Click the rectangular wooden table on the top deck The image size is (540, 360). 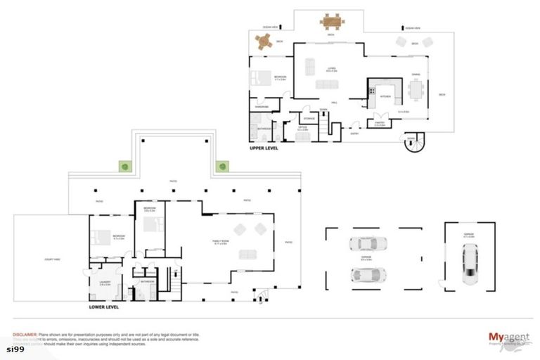(332, 20)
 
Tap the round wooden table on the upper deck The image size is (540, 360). (264, 42)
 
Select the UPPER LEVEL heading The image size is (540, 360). (265, 150)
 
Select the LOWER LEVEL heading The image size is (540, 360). (104, 307)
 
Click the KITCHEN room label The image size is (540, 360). (385, 96)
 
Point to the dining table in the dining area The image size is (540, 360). (416, 91)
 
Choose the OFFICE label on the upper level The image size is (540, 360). (302, 128)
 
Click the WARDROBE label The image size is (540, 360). (262, 107)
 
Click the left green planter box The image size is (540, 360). (124, 167)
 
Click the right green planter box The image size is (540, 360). (222, 167)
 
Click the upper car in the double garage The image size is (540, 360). (366, 244)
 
